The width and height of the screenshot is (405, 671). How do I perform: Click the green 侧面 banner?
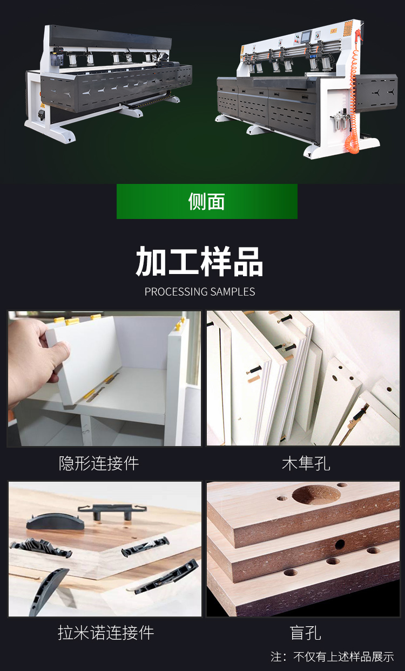tap(207, 201)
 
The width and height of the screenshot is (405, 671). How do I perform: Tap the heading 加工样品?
tap(200, 262)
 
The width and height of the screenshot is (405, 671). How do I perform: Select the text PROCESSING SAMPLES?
tap(200, 291)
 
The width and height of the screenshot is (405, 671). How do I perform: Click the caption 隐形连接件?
tap(99, 463)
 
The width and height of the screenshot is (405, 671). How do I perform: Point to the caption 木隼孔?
tap(306, 463)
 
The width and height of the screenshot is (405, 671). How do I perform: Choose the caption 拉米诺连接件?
tap(106, 633)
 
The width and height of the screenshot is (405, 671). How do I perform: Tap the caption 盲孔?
tap(306, 633)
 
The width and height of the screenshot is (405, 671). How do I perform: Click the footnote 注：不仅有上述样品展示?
tap(332, 657)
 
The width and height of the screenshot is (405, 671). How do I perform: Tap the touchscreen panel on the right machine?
tap(306, 36)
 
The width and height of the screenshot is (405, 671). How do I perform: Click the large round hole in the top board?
tap(316, 494)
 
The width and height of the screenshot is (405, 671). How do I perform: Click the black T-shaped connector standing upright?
tap(112, 511)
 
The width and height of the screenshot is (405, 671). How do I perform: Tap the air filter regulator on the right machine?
tap(341, 118)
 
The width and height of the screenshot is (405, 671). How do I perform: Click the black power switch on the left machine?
tap(42, 115)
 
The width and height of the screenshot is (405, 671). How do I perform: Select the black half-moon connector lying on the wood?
tap(55, 522)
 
